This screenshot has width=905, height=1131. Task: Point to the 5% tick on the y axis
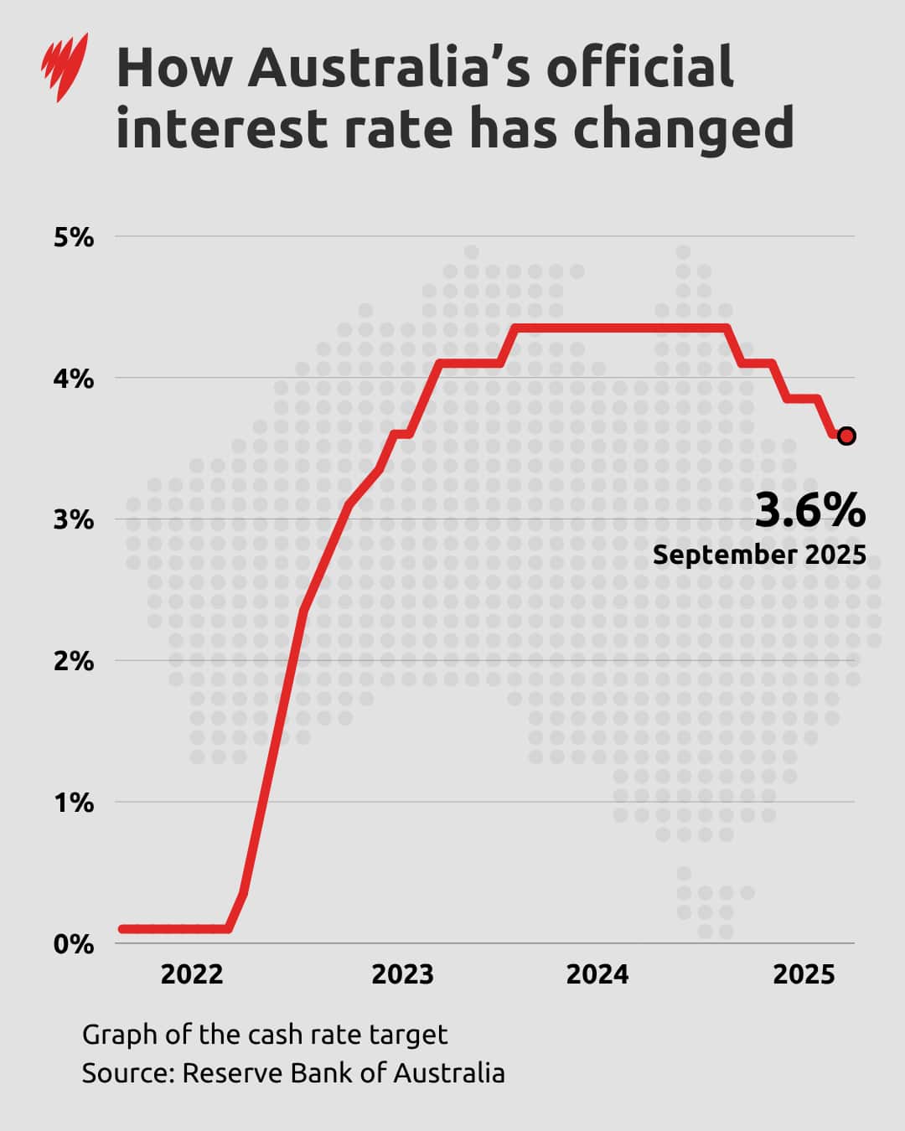click(74, 237)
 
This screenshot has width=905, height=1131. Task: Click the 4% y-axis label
click(74, 379)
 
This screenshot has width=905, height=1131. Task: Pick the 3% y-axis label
click(74, 520)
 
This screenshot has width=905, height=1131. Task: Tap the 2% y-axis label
click(74, 662)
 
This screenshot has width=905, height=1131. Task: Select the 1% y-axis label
click(74, 803)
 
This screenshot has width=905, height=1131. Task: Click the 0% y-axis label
click(74, 944)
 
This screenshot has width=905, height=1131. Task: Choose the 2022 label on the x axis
click(192, 974)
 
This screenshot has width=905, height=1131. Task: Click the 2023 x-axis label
click(402, 974)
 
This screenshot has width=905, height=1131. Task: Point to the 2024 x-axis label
click(597, 974)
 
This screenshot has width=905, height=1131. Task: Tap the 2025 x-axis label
click(804, 974)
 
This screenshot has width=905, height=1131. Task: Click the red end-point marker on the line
click(846, 436)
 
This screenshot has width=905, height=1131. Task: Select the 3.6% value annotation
click(809, 511)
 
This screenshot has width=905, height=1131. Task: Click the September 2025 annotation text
click(759, 555)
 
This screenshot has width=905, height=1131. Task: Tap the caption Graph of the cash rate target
click(265, 1035)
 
